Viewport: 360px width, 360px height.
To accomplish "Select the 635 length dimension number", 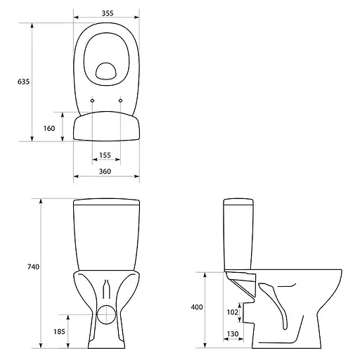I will tap(23, 82).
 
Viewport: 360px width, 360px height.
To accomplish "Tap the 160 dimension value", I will tap(49, 128).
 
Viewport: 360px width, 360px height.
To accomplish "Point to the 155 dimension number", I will tap(105, 155).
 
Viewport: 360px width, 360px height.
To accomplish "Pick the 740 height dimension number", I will tap(32, 267).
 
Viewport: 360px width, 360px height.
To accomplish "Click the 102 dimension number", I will tap(232, 311).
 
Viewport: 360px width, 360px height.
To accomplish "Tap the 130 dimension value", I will tap(232, 333).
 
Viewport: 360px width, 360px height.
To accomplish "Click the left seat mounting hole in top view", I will tap(92, 101).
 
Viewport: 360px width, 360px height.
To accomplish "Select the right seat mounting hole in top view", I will tap(121, 101).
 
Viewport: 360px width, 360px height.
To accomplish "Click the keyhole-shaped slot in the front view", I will tap(107, 289).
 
